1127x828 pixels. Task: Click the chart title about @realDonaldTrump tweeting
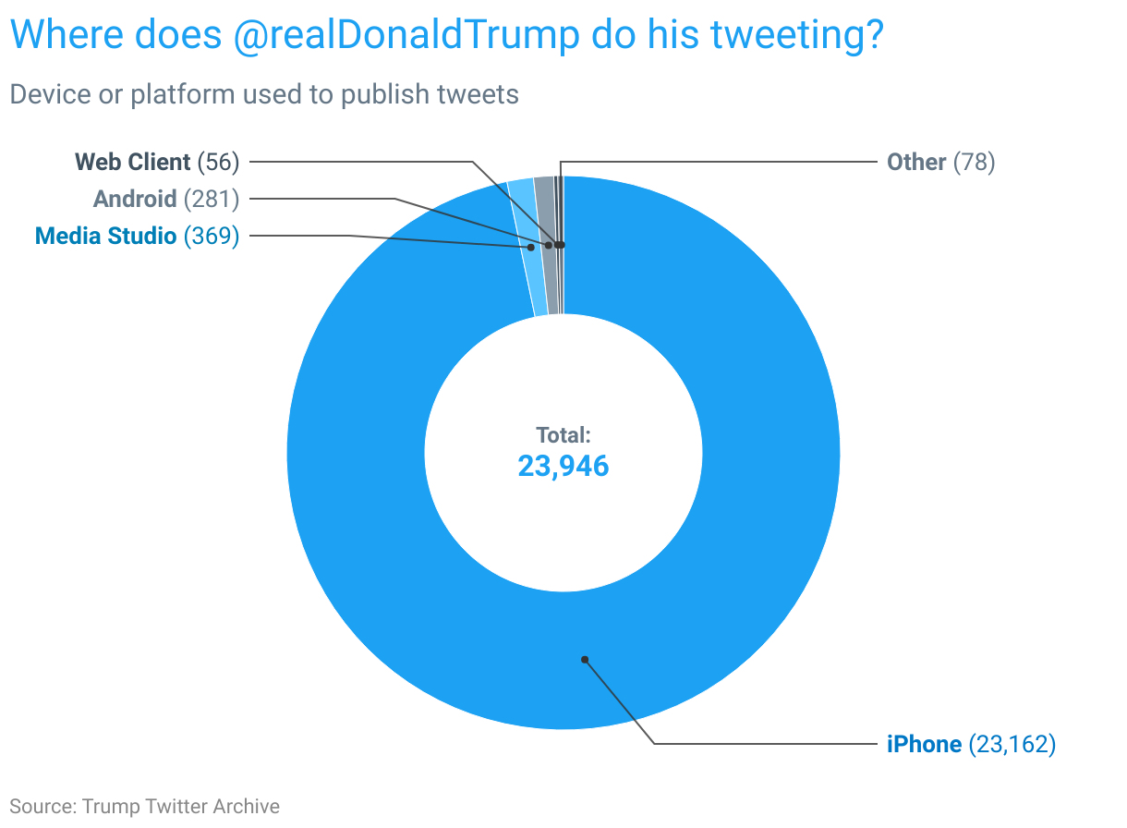(x=447, y=35)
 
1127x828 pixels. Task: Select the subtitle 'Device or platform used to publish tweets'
(x=264, y=94)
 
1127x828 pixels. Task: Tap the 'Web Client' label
(x=133, y=162)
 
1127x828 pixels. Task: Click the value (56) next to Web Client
(x=218, y=162)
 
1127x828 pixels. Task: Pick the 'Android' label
(x=135, y=199)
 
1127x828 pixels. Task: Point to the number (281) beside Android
(x=212, y=199)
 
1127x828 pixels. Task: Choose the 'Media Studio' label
(x=105, y=236)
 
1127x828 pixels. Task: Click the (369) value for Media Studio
(x=212, y=236)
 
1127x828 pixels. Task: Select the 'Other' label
(x=916, y=162)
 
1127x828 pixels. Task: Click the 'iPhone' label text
(x=925, y=745)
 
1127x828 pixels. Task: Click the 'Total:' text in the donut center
(x=563, y=435)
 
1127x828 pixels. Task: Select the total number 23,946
(x=563, y=466)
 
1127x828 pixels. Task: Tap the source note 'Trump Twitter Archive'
(x=181, y=807)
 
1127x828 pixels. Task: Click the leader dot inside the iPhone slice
(x=585, y=660)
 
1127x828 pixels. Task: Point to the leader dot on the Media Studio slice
(x=531, y=247)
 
